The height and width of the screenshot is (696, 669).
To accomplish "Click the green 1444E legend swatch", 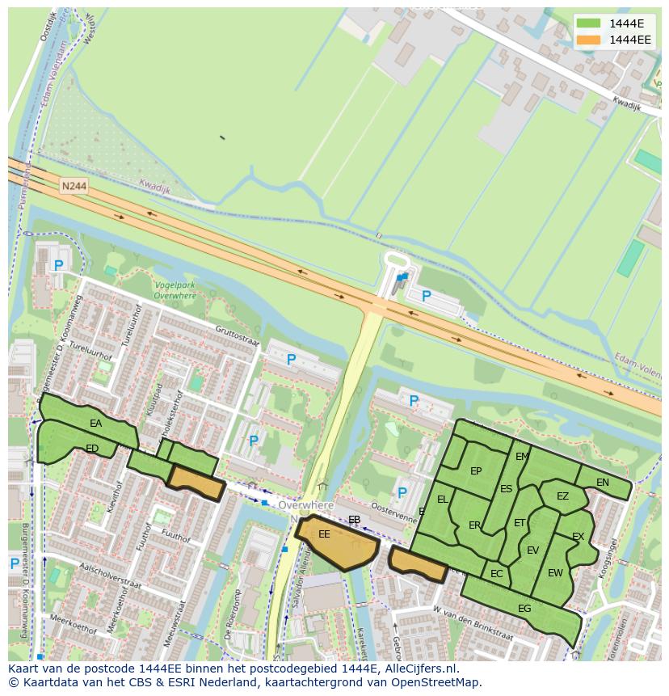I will (589, 23).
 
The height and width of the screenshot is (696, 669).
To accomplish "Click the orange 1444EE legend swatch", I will (589, 40).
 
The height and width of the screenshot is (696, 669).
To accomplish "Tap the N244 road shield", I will (74, 187).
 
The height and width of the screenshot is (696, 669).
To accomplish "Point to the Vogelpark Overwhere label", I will (175, 290).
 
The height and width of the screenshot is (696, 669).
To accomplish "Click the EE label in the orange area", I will (324, 534).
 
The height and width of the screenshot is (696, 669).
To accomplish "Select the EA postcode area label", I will (96, 424).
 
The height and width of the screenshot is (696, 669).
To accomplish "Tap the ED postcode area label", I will (92, 449).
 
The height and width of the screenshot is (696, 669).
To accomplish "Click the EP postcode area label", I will (476, 472).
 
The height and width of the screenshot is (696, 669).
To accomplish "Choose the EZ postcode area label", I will (562, 496).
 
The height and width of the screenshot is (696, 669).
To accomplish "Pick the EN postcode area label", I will (602, 483).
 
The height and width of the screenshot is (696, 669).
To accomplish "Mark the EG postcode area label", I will (524, 609).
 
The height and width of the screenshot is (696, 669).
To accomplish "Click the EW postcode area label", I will (555, 573).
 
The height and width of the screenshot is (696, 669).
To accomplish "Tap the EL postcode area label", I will (442, 500).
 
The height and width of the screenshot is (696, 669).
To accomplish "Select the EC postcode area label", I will (496, 574).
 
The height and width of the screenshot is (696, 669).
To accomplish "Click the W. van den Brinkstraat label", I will (473, 622).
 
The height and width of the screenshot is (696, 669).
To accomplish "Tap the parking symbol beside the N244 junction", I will (427, 297).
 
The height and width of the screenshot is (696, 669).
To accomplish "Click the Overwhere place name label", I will (305, 505).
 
